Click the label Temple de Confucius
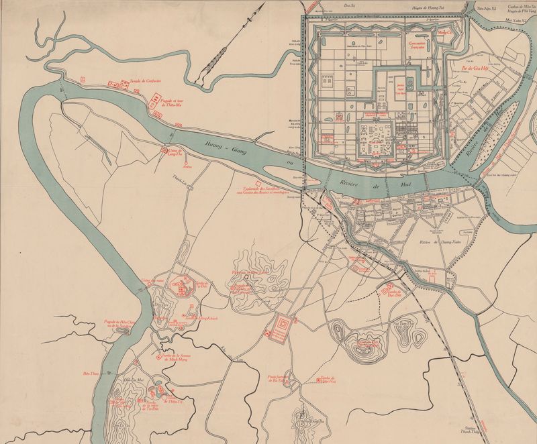[146, 79]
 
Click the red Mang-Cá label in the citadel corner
[444, 32]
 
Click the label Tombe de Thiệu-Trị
[172, 402]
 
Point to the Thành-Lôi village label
[180, 178]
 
